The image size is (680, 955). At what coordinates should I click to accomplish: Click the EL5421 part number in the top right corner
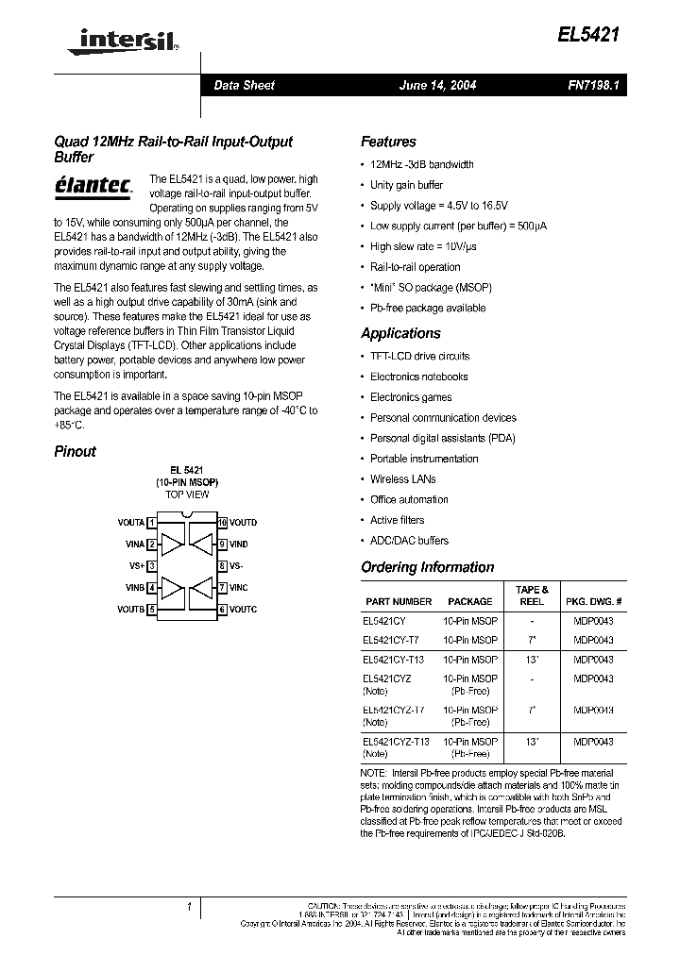click(x=589, y=35)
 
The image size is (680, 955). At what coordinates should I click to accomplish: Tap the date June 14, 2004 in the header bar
click(x=438, y=85)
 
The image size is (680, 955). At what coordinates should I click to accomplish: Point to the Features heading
click(x=388, y=142)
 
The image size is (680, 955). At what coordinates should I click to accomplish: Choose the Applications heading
click(x=400, y=333)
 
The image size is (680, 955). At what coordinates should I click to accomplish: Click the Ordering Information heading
click(x=427, y=567)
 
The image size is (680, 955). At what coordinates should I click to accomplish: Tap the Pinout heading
click(x=75, y=451)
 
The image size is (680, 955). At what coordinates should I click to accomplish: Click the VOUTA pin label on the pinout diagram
click(x=131, y=522)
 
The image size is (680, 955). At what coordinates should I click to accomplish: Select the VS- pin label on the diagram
click(x=236, y=566)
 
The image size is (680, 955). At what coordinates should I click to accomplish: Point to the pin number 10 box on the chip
click(x=222, y=522)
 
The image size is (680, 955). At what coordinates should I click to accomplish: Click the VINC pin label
click(x=239, y=588)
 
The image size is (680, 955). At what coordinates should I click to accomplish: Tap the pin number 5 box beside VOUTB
click(x=152, y=610)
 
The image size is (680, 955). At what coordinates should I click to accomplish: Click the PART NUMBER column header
click(x=398, y=601)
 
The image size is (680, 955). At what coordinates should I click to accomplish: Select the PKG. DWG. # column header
click(x=593, y=601)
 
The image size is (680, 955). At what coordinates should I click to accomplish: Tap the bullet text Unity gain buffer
click(x=406, y=185)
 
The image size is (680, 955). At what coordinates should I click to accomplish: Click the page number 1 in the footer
click(x=190, y=907)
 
